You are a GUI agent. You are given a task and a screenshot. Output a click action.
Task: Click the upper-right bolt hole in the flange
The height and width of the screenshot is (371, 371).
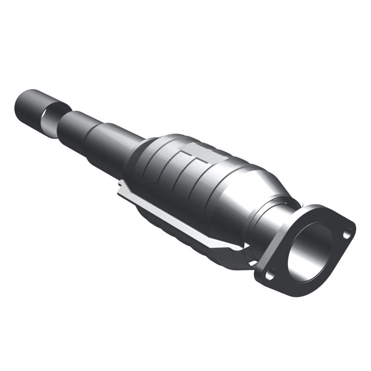[x=346, y=235]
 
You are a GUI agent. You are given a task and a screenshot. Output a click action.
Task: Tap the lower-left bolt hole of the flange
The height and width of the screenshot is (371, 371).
[x=269, y=275]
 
